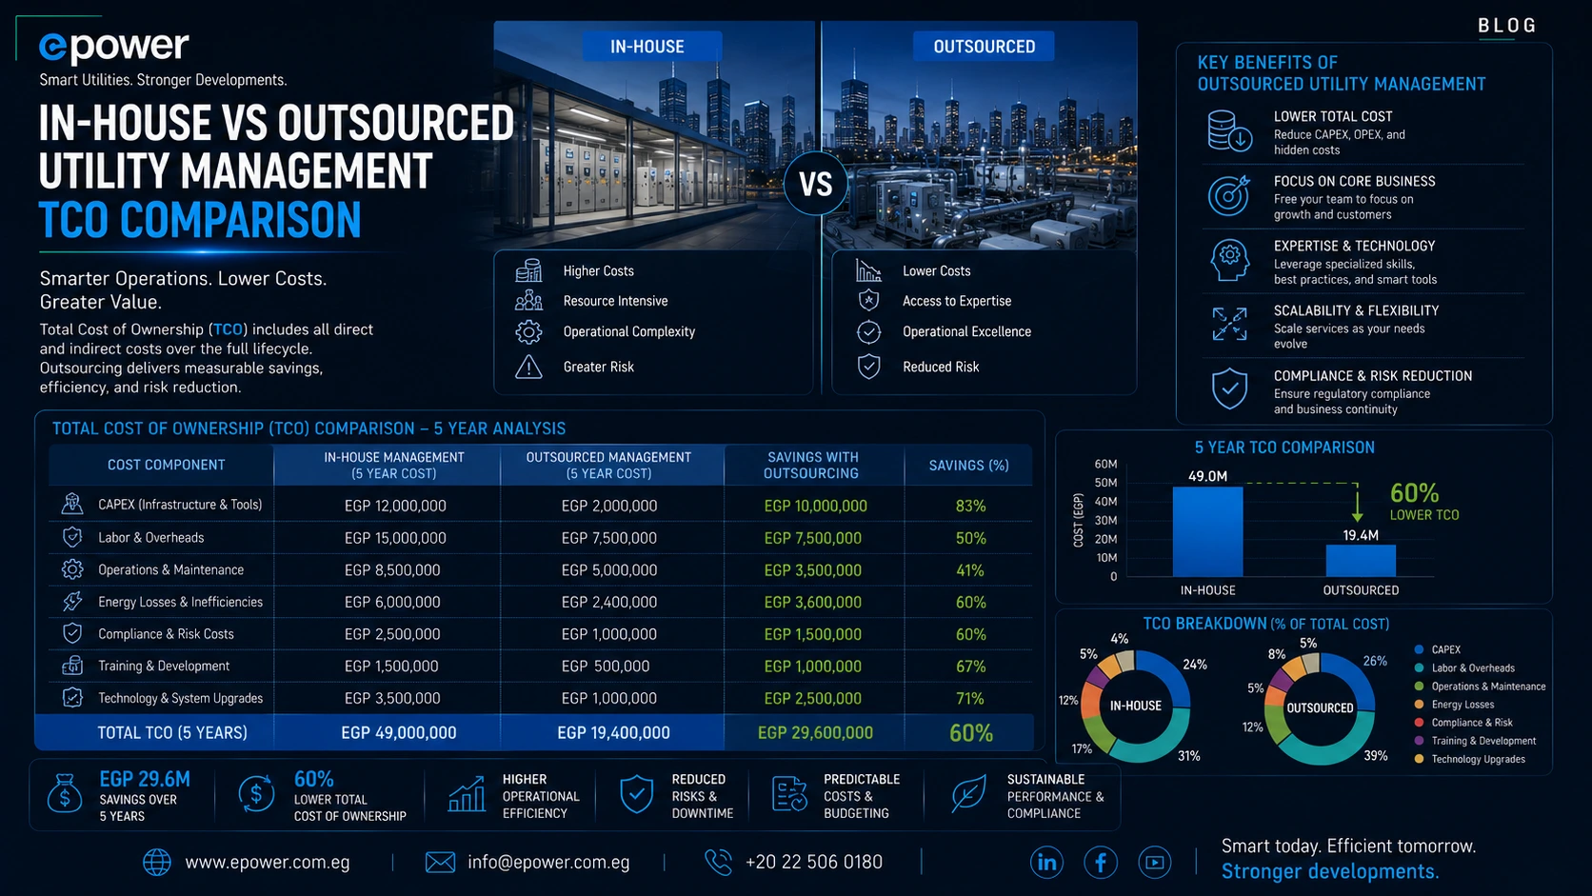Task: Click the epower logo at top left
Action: pos(113,47)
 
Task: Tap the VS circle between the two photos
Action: pos(816,184)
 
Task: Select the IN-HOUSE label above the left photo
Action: pos(647,47)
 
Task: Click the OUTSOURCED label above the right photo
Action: pos(984,47)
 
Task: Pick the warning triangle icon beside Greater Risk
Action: pos(528,367)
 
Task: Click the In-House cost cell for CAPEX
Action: pos(395,506)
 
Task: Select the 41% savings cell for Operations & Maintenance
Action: pos(970,570)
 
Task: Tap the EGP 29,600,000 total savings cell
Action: pos(815,732)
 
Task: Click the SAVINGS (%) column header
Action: pos(968,466)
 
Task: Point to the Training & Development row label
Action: pos(164,666)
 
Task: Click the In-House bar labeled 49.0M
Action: pos(1207,531)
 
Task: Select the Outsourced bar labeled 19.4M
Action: pos(1361,561)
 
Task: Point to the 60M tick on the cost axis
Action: pos(1105,464)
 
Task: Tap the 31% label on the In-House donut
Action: pos(1189,756)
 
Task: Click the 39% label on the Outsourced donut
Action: pos(1375,756)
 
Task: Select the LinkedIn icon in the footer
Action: pos(1046,863)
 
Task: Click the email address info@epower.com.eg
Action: pos(547,863)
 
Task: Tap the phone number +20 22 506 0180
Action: pos(814,863)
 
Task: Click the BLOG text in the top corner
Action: pos(1506,26)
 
